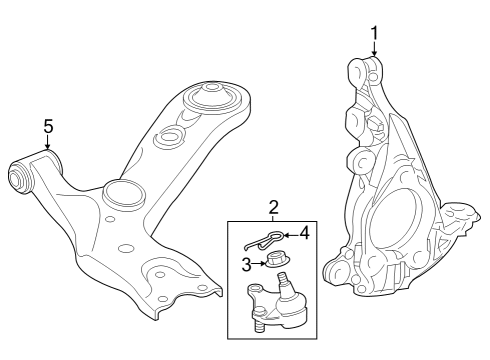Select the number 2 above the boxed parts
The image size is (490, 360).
pos(272,207)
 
